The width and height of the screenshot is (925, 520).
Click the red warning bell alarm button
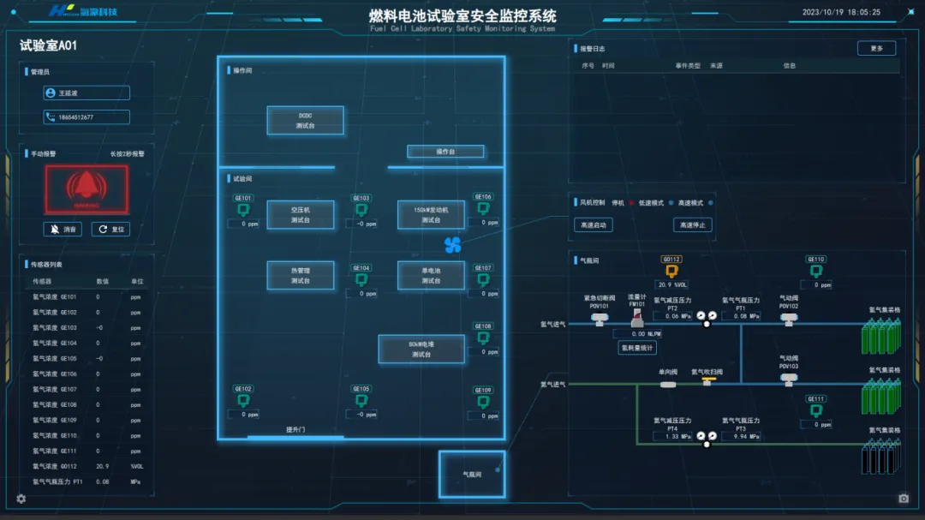pos(87,188)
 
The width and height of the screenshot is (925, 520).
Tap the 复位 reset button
pos(110,230)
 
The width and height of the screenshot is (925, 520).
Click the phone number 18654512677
pos(87,117)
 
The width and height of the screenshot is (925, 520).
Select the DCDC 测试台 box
pos(306,120)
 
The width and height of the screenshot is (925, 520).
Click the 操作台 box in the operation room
pos(445,152)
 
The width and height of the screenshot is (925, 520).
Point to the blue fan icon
pos(453,245)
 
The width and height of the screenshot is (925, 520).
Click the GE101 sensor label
pos(243,198)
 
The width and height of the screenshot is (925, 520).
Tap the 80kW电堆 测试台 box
pos(421,349)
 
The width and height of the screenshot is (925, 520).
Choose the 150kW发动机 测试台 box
pos(431,214)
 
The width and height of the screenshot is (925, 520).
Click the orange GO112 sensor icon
pos(671,272)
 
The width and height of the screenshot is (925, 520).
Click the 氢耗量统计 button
pos(636,348)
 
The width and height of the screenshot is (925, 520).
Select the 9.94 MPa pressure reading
pos(741,436)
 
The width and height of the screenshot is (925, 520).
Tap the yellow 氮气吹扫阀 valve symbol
pos(707,381)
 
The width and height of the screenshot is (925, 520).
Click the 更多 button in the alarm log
pos(876,49)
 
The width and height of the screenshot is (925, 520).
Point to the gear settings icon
pos(21,499)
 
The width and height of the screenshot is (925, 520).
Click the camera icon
pos(904,499)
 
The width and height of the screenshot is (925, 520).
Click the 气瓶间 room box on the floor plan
pos(471,474)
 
